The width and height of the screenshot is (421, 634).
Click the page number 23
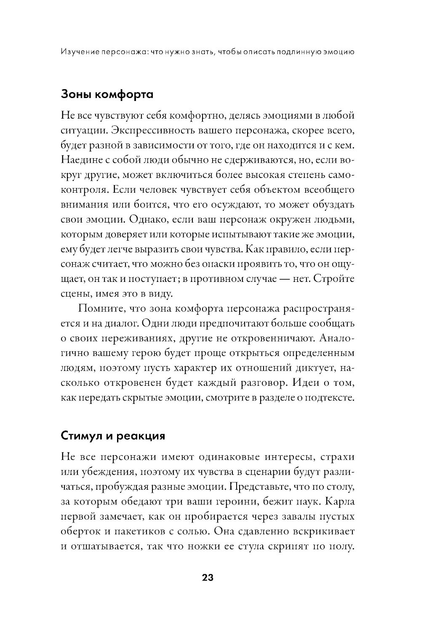coord(208,577)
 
